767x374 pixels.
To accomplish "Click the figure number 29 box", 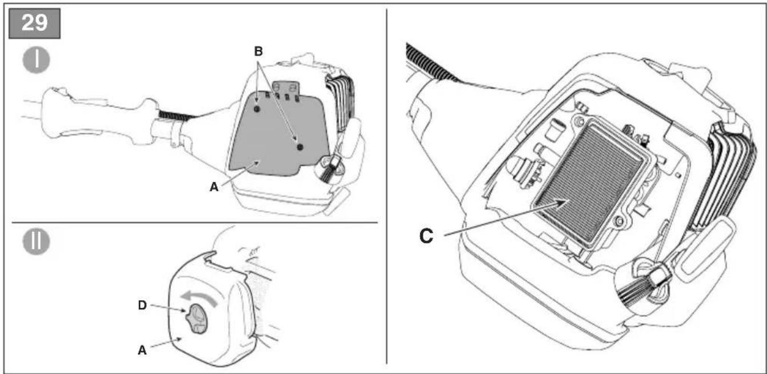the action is point(35,23).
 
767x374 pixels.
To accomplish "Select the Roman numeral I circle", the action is point(37,60).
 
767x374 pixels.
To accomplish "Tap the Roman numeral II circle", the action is point(37,241).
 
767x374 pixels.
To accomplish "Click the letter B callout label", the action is point(258,51).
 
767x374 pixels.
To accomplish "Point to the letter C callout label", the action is point(426,236).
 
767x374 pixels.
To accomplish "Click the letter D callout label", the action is point(142,305).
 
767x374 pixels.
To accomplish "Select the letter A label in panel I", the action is point(214,187).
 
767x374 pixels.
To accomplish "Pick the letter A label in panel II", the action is point(142,350).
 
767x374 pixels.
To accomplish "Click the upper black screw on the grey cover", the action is point(257,109).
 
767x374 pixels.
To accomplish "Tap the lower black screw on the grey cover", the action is point(300,147).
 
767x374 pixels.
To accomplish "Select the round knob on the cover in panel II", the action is point(196,318).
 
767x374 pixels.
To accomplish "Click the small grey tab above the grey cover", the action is point(286,87).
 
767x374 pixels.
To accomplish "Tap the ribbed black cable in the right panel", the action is point(430,62).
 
